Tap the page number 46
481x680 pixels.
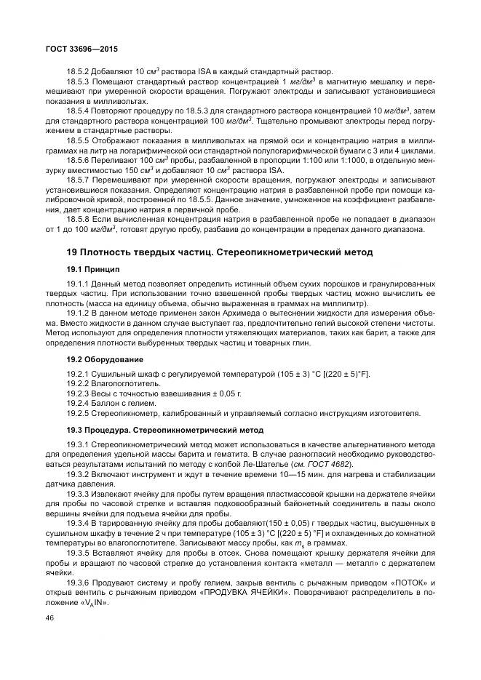50,616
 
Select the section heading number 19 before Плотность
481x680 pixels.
71,252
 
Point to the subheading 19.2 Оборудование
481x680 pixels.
105,359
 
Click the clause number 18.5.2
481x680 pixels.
78,71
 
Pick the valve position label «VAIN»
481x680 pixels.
93,602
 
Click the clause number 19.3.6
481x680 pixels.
78,582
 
